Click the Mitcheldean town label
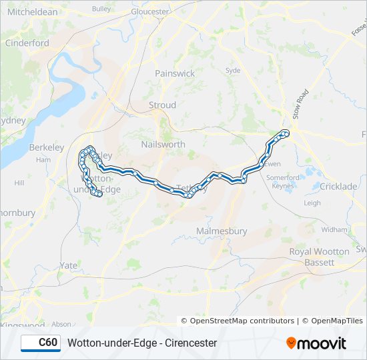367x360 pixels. coord(33,12)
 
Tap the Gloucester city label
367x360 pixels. coord(150,12)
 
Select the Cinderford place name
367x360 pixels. coord(27,43)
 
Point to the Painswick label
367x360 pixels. coord(174,73)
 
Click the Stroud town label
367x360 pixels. coord(162,105)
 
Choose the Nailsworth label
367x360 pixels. coord(163,144)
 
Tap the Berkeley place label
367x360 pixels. coord(46,147)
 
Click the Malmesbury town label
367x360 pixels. coord(222,231)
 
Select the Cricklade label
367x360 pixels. coord(338,187)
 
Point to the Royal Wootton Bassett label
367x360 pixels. coord(319,257)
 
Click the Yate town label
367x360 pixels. coord(68,265)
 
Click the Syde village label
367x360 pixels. coord(233,70)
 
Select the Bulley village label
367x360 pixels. coord(101,9)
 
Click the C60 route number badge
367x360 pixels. coord(41,343)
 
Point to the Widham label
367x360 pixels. coord(334,229)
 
